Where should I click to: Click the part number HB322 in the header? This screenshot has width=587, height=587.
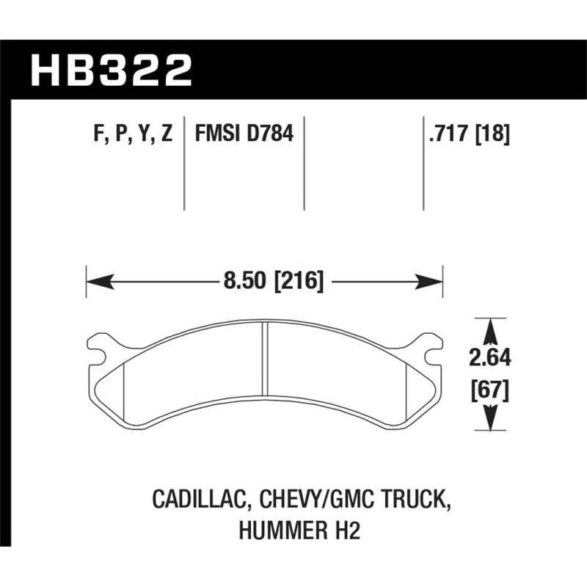111,71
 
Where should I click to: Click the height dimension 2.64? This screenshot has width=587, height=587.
487,359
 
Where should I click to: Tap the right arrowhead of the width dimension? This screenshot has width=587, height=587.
433,280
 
